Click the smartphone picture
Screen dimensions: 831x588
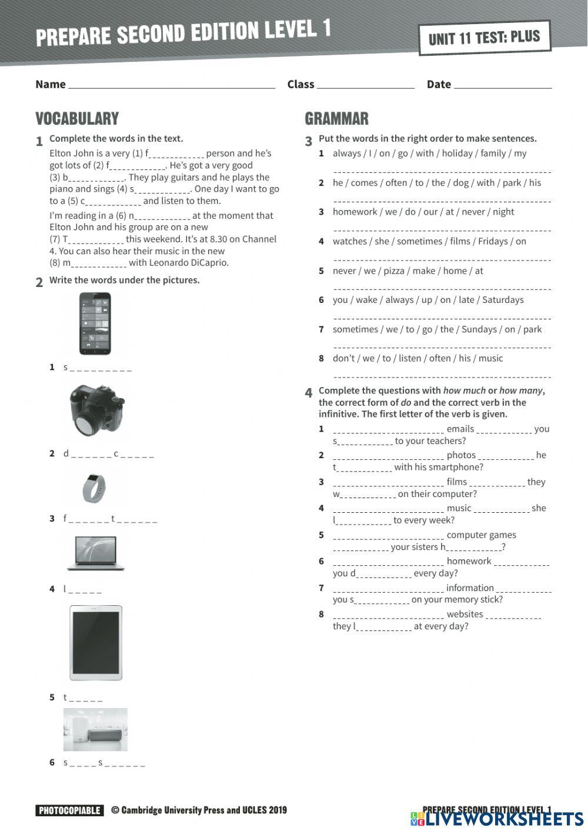coord(95,323)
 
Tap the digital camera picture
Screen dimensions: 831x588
coord(96,410)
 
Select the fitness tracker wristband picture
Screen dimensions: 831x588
coord(93,488)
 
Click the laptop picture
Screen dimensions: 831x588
coord(95,553)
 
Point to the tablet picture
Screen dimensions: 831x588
coord(96,643)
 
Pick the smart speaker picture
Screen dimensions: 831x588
coord(95,729)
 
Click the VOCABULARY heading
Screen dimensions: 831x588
coord(77,119)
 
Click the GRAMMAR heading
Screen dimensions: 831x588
coord(336,119)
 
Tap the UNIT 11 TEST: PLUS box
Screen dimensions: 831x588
coord(485,38)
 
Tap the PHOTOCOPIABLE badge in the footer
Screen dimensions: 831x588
coord(69,810)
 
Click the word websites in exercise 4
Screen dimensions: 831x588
coord(465,614)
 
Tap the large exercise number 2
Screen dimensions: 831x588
coord(39,282)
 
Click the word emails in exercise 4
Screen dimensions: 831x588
coord(460,429)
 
